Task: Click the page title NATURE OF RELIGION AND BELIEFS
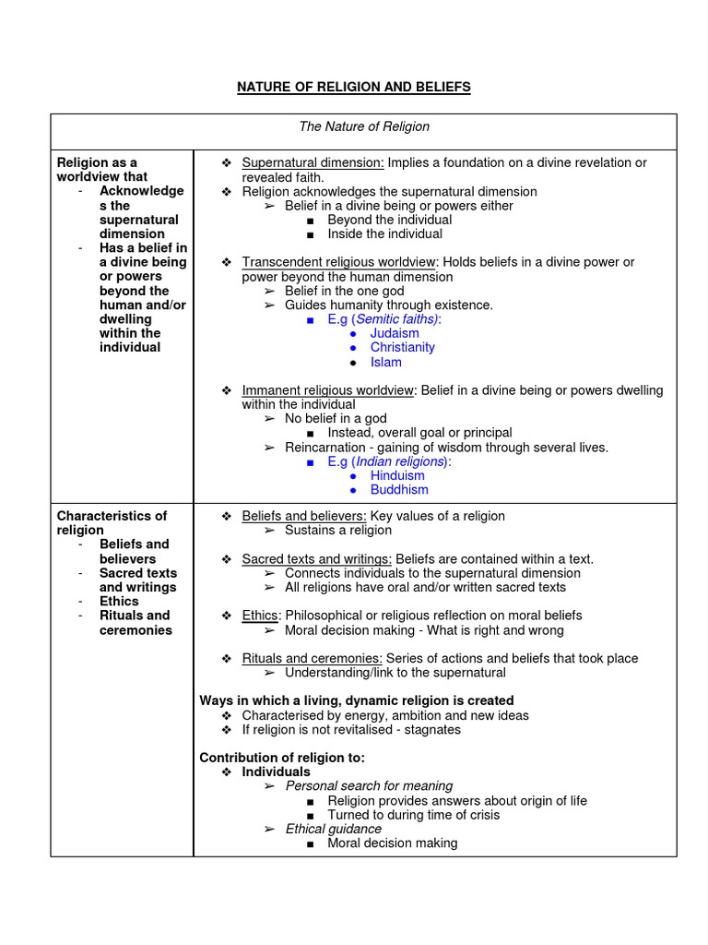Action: [354, 87]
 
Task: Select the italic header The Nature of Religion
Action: [363, 126]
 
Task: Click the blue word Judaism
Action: [395, 333]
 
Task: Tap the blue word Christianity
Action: [402, 347]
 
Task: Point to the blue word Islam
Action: [386, 362]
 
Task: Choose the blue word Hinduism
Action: [397, 475]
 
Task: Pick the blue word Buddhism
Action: [399, 489]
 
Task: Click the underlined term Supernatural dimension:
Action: [313, 162]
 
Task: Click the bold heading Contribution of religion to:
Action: [282, 758]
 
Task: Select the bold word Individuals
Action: [276, 772]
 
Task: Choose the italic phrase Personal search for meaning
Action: [369, 786]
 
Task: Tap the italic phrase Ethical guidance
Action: [333, 829]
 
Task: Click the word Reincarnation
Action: [324, 447]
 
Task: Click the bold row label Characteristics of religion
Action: [112, 522]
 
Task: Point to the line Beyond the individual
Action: [389, 220]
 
